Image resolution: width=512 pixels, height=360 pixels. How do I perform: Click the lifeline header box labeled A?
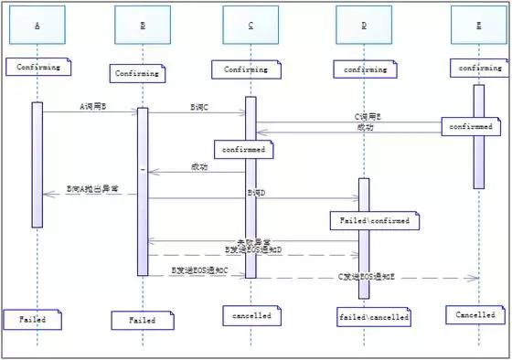(37, 25)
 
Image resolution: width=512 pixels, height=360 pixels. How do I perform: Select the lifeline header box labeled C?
(251, 25)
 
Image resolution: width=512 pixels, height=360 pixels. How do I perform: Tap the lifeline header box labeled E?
(479, 25)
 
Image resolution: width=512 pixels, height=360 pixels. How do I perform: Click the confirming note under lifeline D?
(364, 69)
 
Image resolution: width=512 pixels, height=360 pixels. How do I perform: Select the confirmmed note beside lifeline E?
(470, 127)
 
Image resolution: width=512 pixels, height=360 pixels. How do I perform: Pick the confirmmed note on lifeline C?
(241, 147)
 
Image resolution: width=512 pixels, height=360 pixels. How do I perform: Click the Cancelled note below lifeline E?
(476, 314)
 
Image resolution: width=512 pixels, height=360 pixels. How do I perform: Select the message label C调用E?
(368, 118)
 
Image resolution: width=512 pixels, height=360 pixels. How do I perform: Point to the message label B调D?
(255, 194)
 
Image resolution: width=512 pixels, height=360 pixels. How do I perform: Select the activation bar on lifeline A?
(37, 164)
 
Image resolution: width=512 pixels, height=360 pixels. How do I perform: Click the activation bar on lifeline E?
(478, 137)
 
